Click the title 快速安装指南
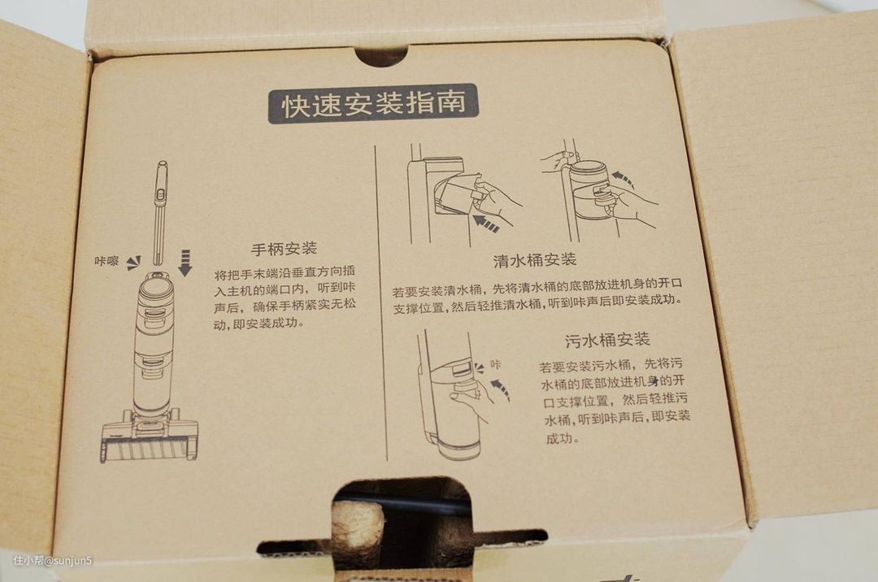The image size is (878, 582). coord(373,103)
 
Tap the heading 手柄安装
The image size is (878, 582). coord(284,249)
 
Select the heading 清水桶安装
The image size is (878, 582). coord(535,260)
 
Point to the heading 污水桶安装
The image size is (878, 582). coord(607,340)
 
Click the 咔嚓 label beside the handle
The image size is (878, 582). coord(106,261)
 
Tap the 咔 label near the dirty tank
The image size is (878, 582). coord(496,365)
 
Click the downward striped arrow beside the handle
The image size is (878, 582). coord(185,263)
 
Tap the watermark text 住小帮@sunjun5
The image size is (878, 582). coord(53,560)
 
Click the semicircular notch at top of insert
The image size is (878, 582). coord(380,58)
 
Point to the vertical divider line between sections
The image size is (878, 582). coord(380,302)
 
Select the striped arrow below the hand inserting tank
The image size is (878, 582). coord(485,224)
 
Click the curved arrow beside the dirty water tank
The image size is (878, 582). coord(501,389)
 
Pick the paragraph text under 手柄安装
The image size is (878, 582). coord(285,298)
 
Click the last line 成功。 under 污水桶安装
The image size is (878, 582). coord(560,439)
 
